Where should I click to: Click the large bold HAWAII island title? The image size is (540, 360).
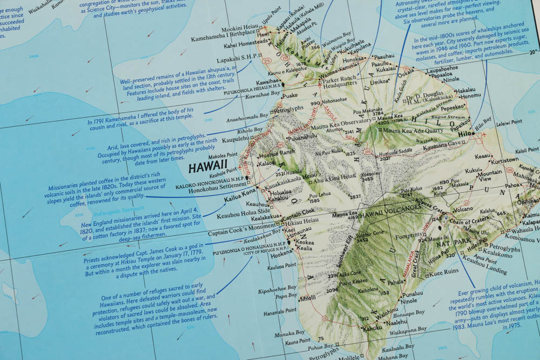[208, 168]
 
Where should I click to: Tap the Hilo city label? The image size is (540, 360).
[465, 134]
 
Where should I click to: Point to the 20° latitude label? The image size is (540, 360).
[533, 52]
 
